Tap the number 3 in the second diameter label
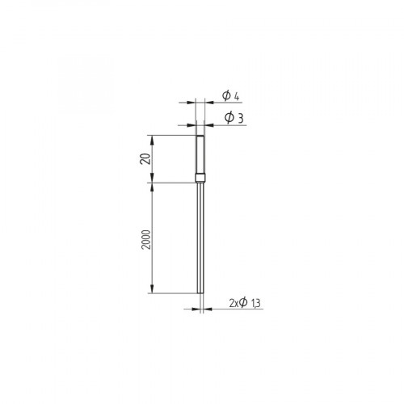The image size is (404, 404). (x=242, y=118)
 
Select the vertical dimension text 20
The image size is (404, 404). (x=146, y=158)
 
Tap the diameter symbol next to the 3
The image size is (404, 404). (x=229, y=118)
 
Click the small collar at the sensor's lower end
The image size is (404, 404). (x=200, y=177)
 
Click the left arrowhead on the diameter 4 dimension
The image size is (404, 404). (x=193, y=103)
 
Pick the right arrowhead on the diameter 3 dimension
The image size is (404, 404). (x=207, y=124)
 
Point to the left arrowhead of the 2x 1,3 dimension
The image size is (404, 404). (x=195, y=309)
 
